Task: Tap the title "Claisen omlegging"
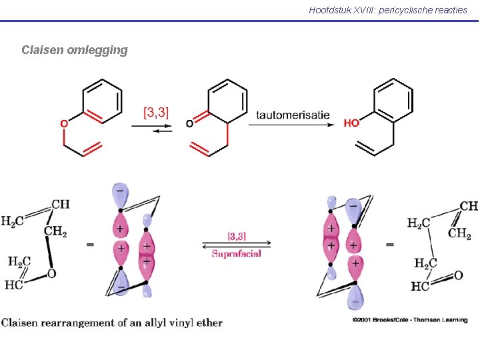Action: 74,50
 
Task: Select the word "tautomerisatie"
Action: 293,115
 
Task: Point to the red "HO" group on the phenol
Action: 351,123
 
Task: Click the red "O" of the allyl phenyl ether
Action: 64,123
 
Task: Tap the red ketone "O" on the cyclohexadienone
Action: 189,123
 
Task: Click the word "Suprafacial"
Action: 237,253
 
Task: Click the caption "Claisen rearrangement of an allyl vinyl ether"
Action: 112,323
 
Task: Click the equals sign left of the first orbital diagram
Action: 89,245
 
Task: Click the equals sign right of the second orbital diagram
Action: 390,245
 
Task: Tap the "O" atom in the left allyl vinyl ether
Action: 51,274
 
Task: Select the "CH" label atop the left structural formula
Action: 60,204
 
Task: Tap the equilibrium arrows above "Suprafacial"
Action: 237,244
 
